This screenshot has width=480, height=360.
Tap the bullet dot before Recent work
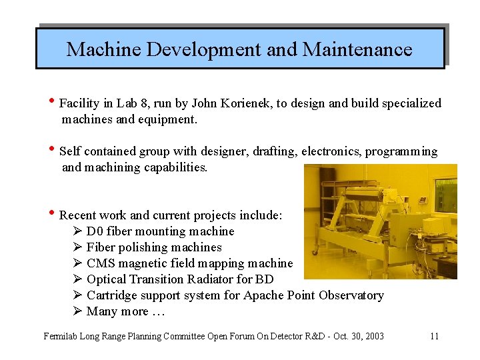tap(52, 214)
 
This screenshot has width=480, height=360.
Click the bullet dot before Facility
tap(52, 102)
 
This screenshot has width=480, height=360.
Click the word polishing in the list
tap(145, 247)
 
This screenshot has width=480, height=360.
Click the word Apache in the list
tap(263, 295)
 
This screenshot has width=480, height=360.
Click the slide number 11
tap(434, 336)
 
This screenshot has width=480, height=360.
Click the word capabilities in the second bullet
tap(175, 167)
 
